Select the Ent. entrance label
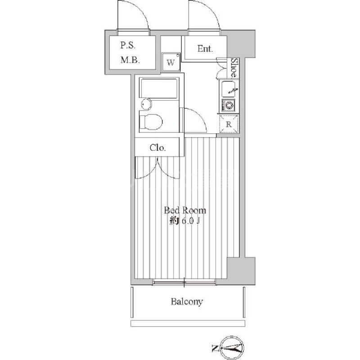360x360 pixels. (x=205, y=49)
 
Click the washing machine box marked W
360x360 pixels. (x=171, y=63)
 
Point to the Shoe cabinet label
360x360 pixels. (x=234, y=68)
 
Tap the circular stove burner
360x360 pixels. (x=229, y=106)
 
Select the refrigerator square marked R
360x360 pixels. (x=229, y=124)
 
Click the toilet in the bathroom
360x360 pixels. (x=150, y=122)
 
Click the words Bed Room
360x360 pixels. (x=184, y=210)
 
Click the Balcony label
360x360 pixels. (x=186, y=301)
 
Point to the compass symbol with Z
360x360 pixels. (x=230, y=347)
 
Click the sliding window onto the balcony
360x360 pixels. (x=184, y=283)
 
